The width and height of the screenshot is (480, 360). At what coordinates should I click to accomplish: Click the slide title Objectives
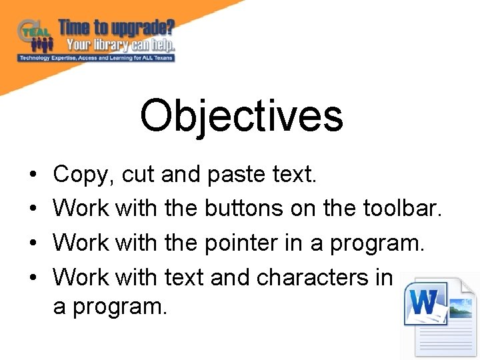241,115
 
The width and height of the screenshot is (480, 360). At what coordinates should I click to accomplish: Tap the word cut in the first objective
137,175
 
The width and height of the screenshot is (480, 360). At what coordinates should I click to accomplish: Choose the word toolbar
402,208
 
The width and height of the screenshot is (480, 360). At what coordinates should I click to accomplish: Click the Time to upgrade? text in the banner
117,28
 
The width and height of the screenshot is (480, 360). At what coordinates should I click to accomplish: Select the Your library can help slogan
120,45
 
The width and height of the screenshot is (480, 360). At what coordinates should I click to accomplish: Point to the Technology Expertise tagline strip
97,58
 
